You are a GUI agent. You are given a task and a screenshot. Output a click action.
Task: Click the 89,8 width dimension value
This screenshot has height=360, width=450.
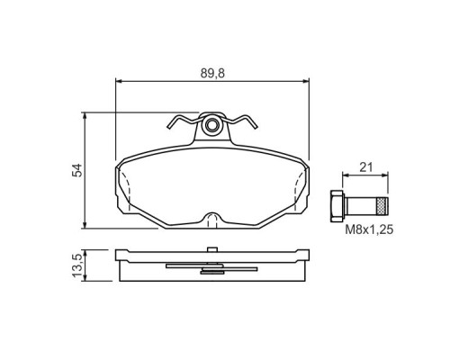pos(212,74)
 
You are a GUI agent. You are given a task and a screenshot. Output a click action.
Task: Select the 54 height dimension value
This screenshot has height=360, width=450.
pos(77,170)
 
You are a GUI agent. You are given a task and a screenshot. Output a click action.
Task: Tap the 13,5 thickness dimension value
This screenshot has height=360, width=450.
pos(77,265)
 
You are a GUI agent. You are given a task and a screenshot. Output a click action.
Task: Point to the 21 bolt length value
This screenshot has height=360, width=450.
pos(366,167)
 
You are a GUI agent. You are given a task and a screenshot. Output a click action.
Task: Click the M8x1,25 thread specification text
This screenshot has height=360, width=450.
pos(369,229)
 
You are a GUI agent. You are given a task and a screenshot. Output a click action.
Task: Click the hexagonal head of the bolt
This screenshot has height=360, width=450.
pos(337,206)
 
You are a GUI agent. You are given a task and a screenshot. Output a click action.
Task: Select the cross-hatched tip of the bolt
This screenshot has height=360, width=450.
pos(382,206)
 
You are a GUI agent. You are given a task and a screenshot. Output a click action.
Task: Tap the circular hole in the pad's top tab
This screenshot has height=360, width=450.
pos(211,125)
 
